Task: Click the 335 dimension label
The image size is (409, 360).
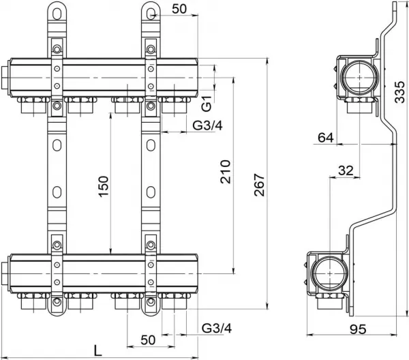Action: coord(399,92)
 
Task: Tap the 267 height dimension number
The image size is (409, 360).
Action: coord(260,185)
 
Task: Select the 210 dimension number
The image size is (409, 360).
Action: coord(226,172)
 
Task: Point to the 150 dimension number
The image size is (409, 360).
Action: coord(104,187)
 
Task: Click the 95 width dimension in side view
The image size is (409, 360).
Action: coord(358,329)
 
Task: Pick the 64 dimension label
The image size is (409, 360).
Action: coord(326,138)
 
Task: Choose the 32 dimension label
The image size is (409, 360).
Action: coord(346,170)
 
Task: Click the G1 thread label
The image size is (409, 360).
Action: coord(207,104)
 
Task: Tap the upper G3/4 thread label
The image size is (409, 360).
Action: coord(208,125)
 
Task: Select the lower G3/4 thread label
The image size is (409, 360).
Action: coord(217,328)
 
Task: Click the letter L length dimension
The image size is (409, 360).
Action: coord(97,350)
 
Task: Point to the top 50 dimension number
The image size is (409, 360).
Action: coord(179,9)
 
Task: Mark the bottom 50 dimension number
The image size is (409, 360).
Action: coord(148,340)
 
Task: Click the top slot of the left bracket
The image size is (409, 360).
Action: coord(57,14)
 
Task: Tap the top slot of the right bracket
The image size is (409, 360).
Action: coord(151,14)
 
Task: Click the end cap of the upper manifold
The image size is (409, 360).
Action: coord(5,78)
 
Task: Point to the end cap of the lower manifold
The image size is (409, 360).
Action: coord(5,273)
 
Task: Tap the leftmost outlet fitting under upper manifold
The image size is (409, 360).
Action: coord(33,106)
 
